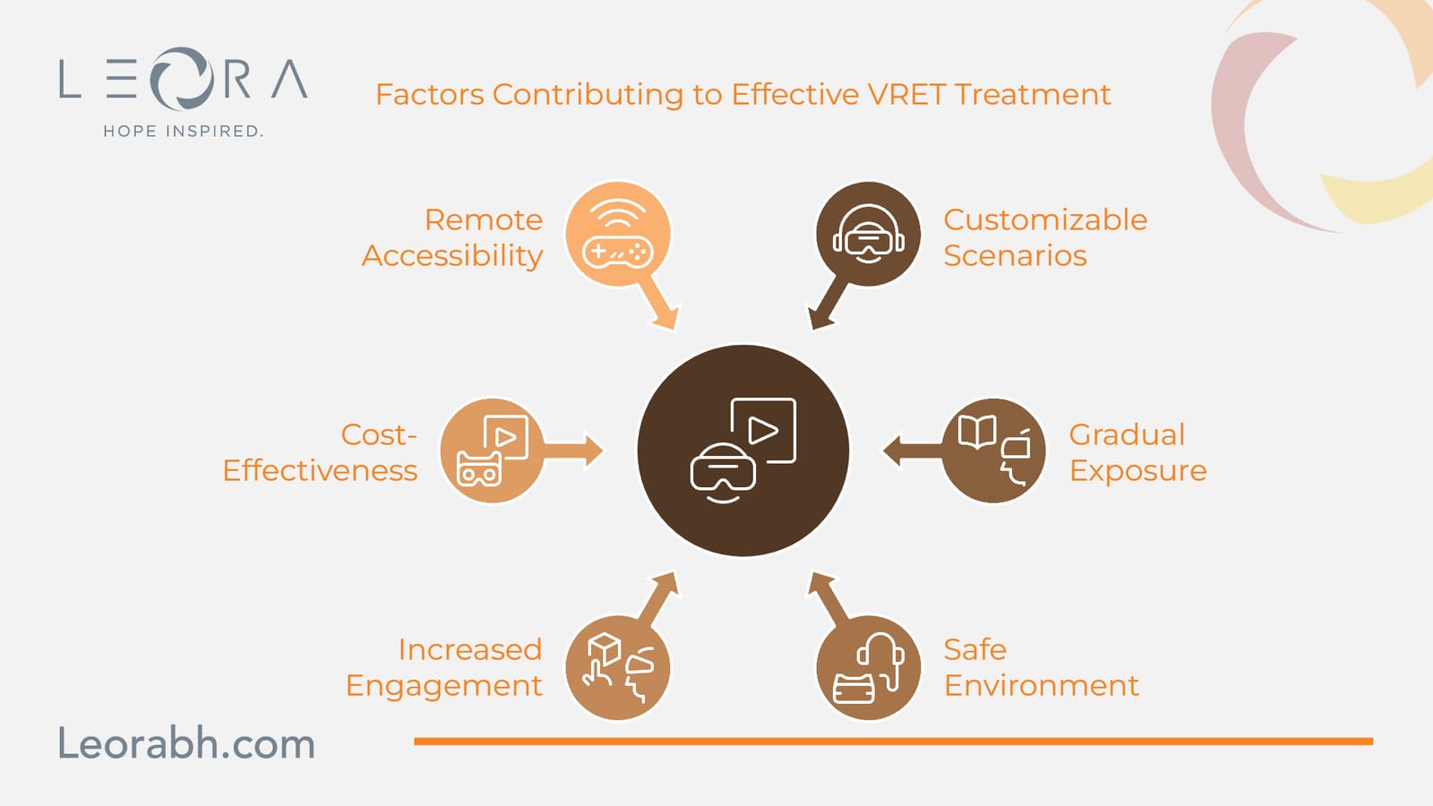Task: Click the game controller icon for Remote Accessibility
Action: pos(617,252)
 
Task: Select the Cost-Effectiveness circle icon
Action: pos(492,450)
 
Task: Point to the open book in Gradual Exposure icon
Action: pos(977,431)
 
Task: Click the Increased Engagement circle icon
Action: pos(618,667)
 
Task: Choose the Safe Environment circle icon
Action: pos(868,667)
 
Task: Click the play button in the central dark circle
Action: pos(763,431)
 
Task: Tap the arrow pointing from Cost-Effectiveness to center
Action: pos(572,451)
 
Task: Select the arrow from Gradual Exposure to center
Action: pos(914,451)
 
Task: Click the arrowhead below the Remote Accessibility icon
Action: pos(665,314)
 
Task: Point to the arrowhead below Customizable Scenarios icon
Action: pos(820,314)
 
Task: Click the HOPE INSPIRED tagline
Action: pos(183,131)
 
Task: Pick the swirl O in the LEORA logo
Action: pos(182,78)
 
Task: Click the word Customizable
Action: pos(1045,219)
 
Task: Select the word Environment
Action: pos(1042,685)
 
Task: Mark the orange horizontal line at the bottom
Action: pos(894,742)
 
